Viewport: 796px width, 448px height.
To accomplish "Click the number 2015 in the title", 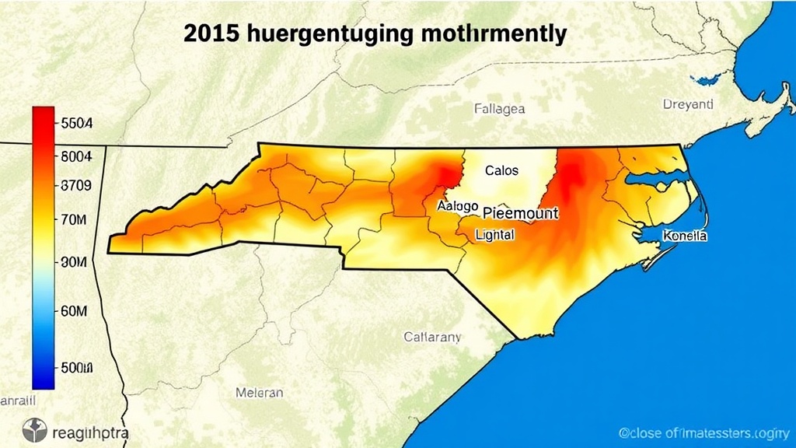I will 212,34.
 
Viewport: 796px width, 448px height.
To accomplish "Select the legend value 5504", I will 76,123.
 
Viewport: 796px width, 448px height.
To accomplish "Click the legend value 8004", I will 76,156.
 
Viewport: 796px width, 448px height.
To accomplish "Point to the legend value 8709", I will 76,186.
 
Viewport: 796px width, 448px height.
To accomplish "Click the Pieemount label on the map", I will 520,212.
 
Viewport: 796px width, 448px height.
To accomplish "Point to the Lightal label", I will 494,233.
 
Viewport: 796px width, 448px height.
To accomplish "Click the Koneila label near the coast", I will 684,236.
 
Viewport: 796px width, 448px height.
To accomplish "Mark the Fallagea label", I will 499,110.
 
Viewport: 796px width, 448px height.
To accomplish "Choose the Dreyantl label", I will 688,103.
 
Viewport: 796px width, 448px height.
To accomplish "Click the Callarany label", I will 432,337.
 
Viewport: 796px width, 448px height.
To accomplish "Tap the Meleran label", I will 259,393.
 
